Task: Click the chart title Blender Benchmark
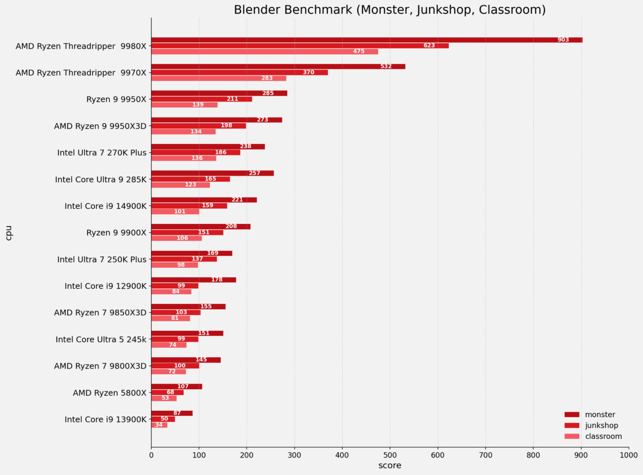(389, 10)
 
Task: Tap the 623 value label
(429, 46)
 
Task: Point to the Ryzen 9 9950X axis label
(116, 99)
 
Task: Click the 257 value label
(254, 173)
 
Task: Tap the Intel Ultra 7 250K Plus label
(102, 259)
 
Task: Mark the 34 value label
(159, 425)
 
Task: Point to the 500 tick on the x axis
(390, 455)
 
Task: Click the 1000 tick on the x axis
(628, 455)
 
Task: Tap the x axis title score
(389, 465)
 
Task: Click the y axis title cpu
(8, 233)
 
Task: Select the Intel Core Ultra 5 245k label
(101, 340)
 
